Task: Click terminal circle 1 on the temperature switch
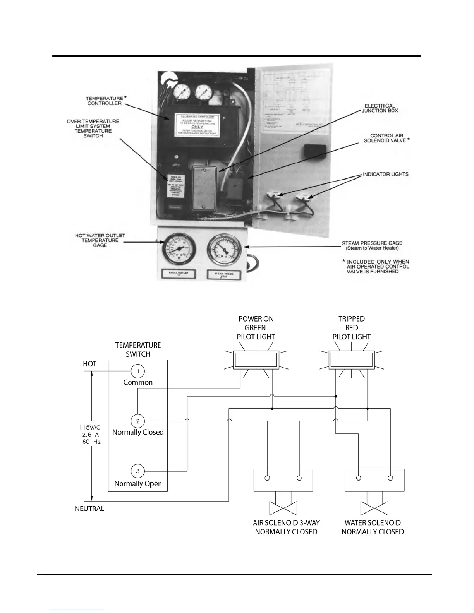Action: tap(138, 371)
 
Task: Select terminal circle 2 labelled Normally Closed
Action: tap(138, 421)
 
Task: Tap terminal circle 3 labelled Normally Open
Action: tap(138, 471)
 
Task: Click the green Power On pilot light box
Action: tap(256, 361)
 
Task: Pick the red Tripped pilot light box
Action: tap(351, 361)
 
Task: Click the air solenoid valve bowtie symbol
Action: tap(283, 507)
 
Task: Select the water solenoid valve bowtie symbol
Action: tap(374, 507)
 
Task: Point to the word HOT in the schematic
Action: tap(89, 364)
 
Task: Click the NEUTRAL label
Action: tap(89, 509)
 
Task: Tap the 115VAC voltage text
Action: tap(90, 428)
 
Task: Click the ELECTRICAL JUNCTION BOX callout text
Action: tap(380, 108)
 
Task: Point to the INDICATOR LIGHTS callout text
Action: tap(385, 174)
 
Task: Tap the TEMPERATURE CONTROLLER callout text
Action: tap(104, 101)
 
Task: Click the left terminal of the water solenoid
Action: tap(359, 478)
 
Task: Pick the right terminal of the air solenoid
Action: tap(299, 478)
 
